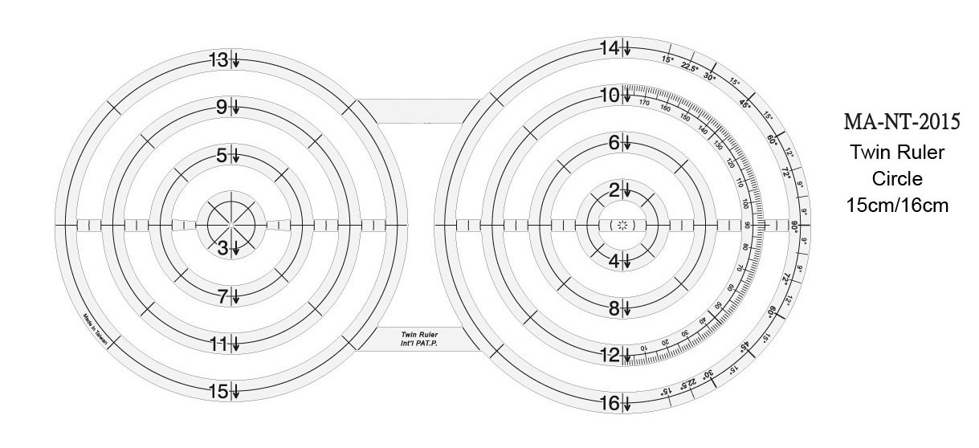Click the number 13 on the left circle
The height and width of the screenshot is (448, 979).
pyautogui.click(x=218, y=60)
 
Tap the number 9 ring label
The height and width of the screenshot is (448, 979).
pyautogui.click(x=221, y=107)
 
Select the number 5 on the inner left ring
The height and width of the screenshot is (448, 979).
pyautogui.click(x=222, y=156)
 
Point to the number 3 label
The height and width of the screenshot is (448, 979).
pyautogui.click(x=224, y=249)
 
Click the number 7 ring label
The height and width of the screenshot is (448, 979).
pyautogui.click(x=223, y=296)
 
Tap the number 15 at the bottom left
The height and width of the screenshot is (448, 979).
pyautogui.click(x=218, y=392)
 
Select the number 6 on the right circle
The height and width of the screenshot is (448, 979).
pyautogui.click(x=614, y=143)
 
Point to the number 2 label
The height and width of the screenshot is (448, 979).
pyautogui.click(x=614, y=190)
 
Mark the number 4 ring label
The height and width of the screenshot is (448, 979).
pyautogui.click(x=614, y=261)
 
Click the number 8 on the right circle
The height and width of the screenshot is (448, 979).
pyautogui.click(x=614, y=308)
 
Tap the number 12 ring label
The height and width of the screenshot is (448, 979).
pyautogui.click(x=610, y=355)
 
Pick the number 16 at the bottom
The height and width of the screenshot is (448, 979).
pyautogui.click(x=610, y=403)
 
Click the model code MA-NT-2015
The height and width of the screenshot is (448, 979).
pyautogui.click(x=902, y=122)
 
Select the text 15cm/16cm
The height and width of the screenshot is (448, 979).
pyautogui.click(x=898, y=205)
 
